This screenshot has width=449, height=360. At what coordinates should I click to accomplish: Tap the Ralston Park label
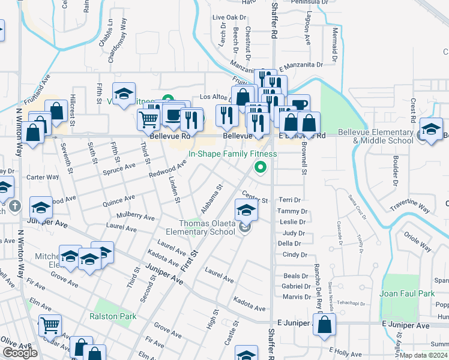coord(113,316)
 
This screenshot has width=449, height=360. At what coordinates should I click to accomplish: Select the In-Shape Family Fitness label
coord(233,154)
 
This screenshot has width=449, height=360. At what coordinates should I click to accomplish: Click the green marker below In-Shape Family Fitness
coord(260,167)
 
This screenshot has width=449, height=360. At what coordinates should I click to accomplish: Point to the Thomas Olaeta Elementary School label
coord(199,227)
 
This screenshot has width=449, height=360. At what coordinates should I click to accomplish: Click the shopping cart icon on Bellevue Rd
coord(148,118)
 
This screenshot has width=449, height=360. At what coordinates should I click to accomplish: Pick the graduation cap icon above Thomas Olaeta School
coord(246,210)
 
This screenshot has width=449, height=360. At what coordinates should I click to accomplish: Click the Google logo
coord(20,353)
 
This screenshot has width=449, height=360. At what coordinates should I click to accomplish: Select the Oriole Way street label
coord(418,241)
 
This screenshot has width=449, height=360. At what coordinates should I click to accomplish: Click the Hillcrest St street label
coord(71,109)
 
